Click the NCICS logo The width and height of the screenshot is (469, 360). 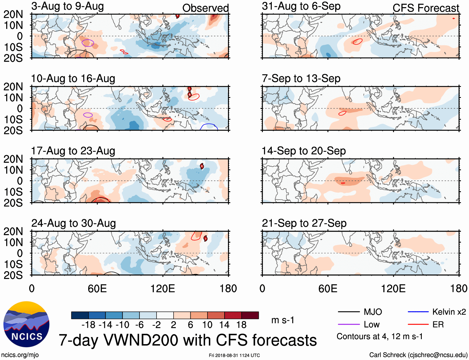(26, 324)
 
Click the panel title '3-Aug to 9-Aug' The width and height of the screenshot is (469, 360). (67, 6)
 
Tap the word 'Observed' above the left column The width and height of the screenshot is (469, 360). (205, 8)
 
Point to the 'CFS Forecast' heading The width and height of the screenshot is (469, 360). (426, 8)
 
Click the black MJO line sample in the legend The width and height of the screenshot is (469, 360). (348, 312)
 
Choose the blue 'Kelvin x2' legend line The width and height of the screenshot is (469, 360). (418, 312)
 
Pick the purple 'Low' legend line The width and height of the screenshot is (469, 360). (348, 325)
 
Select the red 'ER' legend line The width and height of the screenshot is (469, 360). (418, 325)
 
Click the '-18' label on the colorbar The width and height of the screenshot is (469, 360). (89, 325)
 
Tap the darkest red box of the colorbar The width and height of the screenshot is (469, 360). (250, 315)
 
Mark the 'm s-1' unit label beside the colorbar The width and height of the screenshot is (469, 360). (283, 320)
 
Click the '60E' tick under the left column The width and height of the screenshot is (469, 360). (97, 288)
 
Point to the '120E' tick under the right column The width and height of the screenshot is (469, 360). (393, 288)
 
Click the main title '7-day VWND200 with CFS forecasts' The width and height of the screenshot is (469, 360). (188, 340)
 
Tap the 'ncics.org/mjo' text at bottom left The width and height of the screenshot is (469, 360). (20, 355)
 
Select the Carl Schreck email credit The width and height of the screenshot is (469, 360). (418, 355)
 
